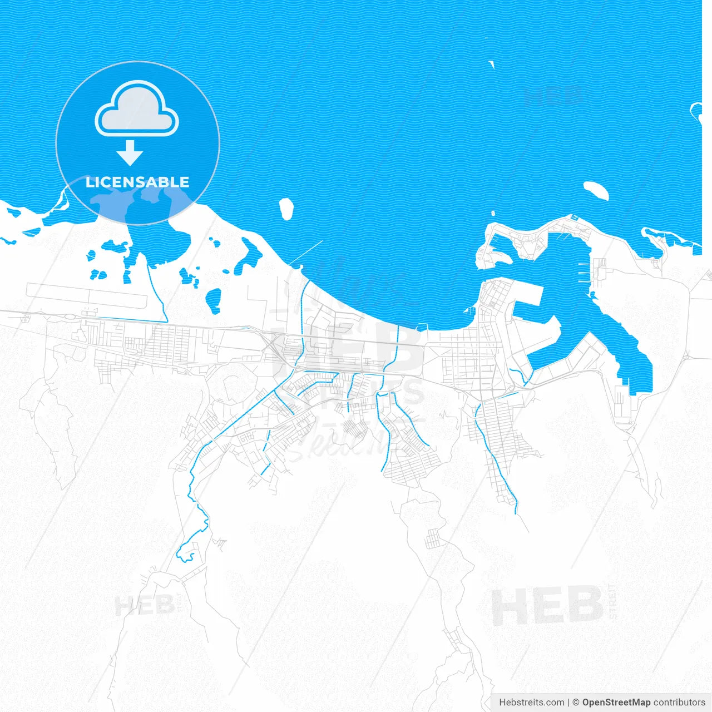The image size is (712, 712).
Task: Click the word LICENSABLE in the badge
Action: click(x=137, y=182)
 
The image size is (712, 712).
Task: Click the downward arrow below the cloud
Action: click(x=130, y=152)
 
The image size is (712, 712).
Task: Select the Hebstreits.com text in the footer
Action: click(x=531, y=703)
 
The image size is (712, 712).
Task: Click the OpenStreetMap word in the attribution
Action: click(x=616, y=703)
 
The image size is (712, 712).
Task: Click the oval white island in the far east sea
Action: click(x=596, y=191)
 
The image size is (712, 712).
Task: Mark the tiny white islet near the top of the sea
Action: click(x=492, y=65)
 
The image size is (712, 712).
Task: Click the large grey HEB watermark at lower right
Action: click(x=548, y=606)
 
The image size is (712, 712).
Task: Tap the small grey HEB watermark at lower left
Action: click(x=144, y=605)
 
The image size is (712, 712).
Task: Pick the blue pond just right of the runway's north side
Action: click(x=212, y=300)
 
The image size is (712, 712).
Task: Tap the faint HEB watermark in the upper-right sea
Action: click(x=553, y=96)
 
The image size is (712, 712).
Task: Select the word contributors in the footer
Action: click(x=679, y=703)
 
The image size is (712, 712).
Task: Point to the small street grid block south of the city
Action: click(x=433, y=538)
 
